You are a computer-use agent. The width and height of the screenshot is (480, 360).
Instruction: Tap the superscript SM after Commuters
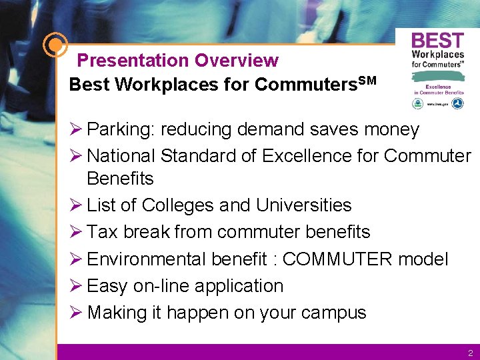click(x=367, y=81)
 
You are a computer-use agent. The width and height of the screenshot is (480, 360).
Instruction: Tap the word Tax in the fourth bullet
click(x=102, y=232)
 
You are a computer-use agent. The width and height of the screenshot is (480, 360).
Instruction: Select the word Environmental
click(x=146, y=259)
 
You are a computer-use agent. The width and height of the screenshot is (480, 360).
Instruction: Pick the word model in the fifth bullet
click(x=423, y=259)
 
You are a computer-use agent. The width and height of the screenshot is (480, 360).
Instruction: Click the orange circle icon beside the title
click(x=55, y=45)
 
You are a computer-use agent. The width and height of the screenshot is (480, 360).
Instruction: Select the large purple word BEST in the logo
click(x=437, y=41)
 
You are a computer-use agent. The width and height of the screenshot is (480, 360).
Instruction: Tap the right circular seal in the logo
click(x=457, y=103)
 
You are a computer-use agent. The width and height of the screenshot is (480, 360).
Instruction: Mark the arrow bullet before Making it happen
click(x=75, y=312)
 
